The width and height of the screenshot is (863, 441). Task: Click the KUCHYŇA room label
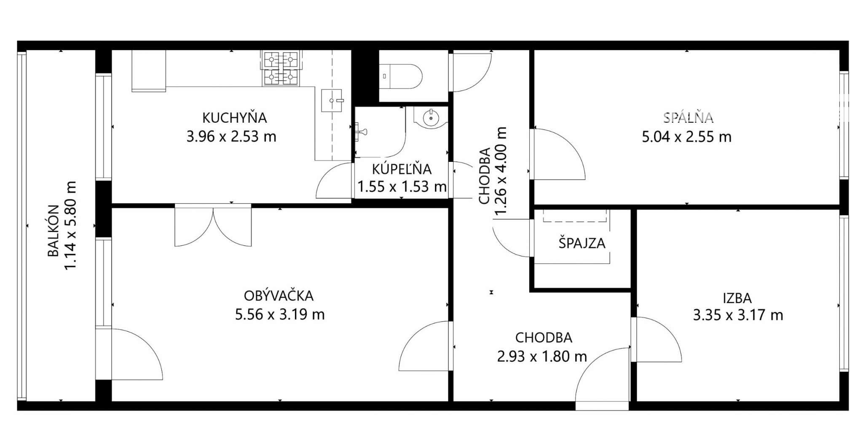[x=235, y=118]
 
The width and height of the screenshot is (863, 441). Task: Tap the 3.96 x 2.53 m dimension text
[x=231, y=137]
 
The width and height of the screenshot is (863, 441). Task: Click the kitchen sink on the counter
[x=332, y=100]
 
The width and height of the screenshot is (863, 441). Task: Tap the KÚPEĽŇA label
[x=402, y=169]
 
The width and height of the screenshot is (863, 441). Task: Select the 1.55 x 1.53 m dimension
[x=402, y=186]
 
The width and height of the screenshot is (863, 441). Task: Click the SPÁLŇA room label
[x=688, y=117]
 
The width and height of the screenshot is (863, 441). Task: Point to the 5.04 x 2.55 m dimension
[x=686, y=137]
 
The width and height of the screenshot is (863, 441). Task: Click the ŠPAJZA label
[x=582, y=243]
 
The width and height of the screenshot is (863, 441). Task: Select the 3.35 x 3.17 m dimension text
[x=738, y=315]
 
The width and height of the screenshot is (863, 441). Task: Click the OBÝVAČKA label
[x=279, y=296]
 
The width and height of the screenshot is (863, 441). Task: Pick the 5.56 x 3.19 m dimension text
[x=280, y=315]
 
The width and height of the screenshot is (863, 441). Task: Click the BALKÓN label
[x=54, y=231]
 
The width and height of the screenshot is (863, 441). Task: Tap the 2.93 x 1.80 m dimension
[x=542, y=357]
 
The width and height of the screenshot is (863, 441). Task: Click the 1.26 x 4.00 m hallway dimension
[x=500, y=171]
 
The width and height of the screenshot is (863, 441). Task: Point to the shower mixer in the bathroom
[x=360, y=132]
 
